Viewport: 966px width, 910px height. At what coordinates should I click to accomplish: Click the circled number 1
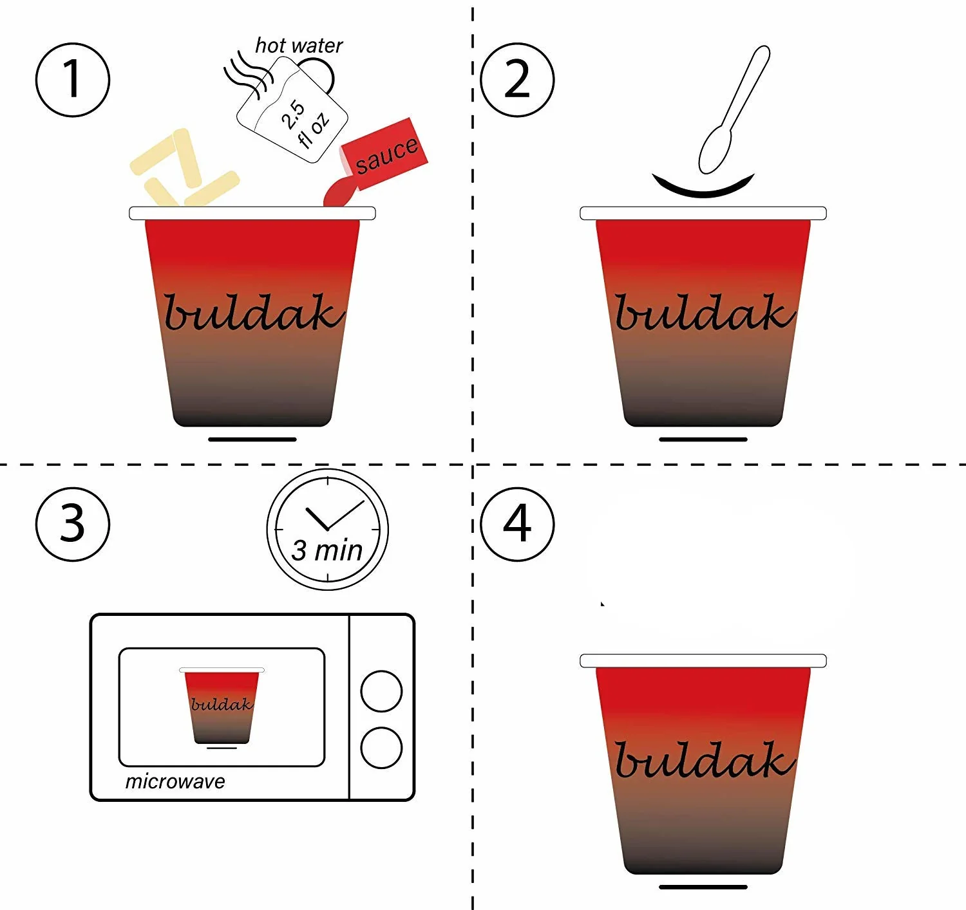click(73, 80)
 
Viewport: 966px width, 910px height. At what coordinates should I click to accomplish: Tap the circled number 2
click(517, 80)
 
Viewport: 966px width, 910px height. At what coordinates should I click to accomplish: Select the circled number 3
click(73, 524)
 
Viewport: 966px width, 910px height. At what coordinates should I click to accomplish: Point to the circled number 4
click(517, 524)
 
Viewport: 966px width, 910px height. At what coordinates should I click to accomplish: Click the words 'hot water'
click(299, 46)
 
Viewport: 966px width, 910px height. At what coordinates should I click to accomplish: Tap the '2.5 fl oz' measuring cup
click(292, 110)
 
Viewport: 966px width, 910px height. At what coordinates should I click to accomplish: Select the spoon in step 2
click(734, 109)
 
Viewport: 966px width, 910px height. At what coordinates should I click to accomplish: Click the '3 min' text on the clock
click(327, 552)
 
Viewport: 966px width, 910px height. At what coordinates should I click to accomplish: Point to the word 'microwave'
click(175, 782)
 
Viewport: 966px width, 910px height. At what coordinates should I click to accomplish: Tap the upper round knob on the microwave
click(381, 691)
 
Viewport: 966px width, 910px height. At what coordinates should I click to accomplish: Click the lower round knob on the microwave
click(381, 748)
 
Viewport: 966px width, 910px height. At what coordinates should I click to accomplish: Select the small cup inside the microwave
click(222, 707)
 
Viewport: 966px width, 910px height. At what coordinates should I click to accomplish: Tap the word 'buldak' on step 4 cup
click(705, 759)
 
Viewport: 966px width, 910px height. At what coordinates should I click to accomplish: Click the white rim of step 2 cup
click(703, 213)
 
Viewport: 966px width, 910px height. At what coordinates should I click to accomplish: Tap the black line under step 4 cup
click(703, 887)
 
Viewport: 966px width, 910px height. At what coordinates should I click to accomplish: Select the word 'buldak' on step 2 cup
click(705, 312)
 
